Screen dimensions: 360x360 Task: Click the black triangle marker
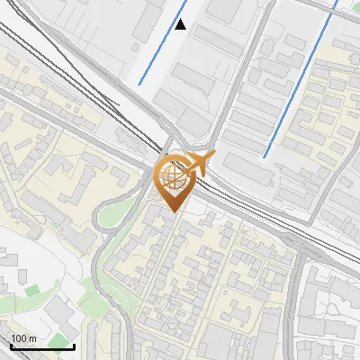(181, 24)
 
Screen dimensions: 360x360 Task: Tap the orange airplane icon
(199, 164)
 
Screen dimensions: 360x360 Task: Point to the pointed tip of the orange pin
(175, 211)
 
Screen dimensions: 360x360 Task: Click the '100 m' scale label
(23, 339)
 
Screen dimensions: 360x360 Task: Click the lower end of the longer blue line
(265, 157)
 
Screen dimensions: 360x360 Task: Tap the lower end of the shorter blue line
(139, 84)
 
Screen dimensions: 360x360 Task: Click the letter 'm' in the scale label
(32, 339)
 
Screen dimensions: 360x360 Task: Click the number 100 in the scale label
(19, 339)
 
